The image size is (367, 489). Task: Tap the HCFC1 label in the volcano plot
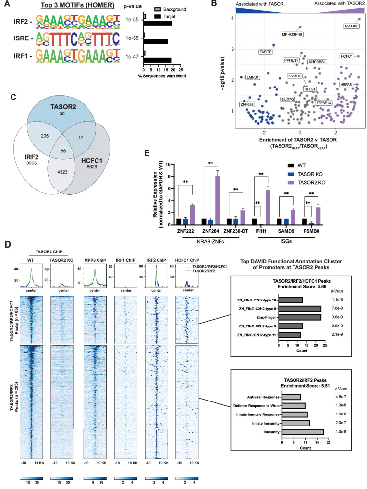346,56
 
